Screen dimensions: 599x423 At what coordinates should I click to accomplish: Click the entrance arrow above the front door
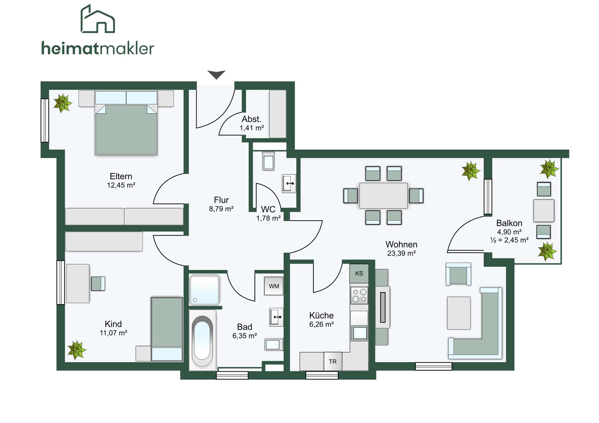(x=216, y=74)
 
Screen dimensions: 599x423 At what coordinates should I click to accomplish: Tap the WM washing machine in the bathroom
(x=274, y=286)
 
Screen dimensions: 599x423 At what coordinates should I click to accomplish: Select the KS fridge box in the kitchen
(x=359, y=273)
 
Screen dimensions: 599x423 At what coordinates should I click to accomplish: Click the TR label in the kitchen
(x=333, y=362)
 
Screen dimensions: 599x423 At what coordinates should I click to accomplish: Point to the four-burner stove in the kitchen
(x=359, y=295)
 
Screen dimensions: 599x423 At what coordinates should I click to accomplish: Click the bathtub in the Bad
(x=202, y=340)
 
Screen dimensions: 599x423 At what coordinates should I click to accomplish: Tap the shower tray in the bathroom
(x=204, y=290)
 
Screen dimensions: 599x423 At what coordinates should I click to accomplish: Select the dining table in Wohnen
(x=383, y=195)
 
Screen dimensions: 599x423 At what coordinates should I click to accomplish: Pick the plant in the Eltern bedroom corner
(x=63, y=103)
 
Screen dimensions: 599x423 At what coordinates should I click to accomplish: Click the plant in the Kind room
(x=77, y=350)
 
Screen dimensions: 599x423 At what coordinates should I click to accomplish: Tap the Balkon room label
(x=509, y=223)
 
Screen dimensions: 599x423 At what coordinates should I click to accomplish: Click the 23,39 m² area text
(x=401, y=253)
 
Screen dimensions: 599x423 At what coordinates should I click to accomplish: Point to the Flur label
(x=221, y=200)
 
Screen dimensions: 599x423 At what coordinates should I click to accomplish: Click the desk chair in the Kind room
(x=98, y=284)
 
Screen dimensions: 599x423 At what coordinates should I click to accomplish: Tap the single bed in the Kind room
(x=167, y=329)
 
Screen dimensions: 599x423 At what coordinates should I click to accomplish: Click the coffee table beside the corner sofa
(x=459, y=313)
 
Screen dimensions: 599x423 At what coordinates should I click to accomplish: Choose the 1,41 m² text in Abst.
(x=252, y=128)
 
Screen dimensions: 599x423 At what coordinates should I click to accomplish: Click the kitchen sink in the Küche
(x=359, y=333)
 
